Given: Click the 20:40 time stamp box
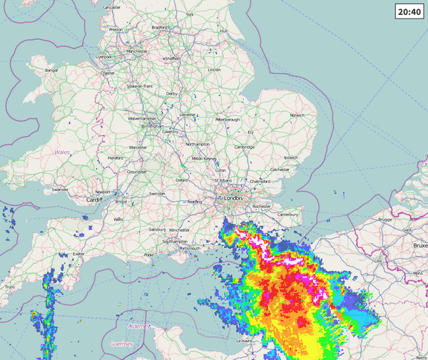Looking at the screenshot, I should coord(408,12).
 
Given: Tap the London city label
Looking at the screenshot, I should coord(233,198).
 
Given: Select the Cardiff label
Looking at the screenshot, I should coord(94,200).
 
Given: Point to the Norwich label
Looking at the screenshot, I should coord(297,115).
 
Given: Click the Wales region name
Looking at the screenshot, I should coord(62,153).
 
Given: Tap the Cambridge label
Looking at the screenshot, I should coord(244,147).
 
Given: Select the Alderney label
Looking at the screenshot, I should coord(140,326).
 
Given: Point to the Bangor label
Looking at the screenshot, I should coord(51,71).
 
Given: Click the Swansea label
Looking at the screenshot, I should coord(59,190).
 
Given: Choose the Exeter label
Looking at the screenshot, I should coord(79,254).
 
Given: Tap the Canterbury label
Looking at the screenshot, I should coord(287,214).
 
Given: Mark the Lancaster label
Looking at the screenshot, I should coord(112,7).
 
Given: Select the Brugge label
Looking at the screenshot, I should coord(385,220).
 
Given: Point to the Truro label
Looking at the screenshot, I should coord(10,287).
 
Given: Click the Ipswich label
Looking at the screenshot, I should coord(290,157).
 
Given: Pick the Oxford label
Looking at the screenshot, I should coord(182,180).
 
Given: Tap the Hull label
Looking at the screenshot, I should coord(223,31).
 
